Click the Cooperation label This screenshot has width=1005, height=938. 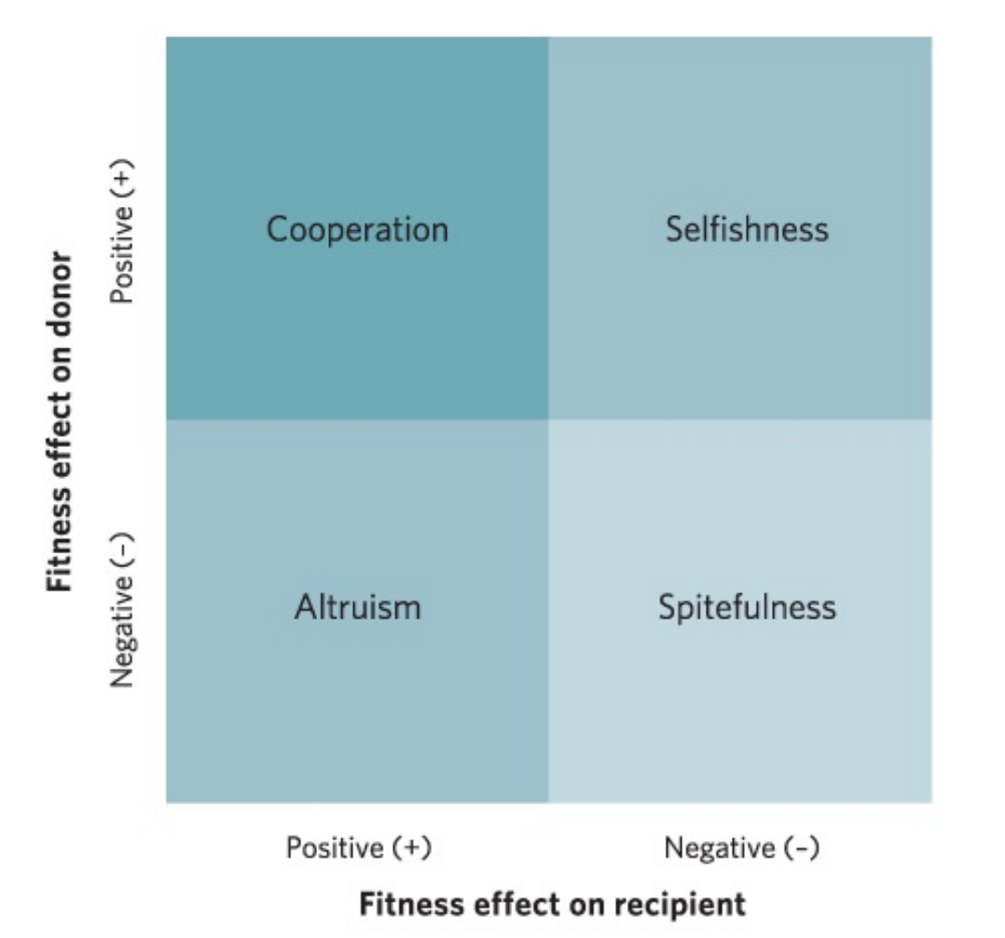pyautogui.click(x=357, y=228)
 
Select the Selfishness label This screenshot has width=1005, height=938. pyautogui.click(x=747, y=228)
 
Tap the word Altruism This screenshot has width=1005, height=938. pyautogui.click(x=357, y=607)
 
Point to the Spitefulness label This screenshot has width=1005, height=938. pyautogui.click(x=747, y=607)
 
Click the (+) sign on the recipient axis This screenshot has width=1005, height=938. pyautogui.click(x=410, y=849)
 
